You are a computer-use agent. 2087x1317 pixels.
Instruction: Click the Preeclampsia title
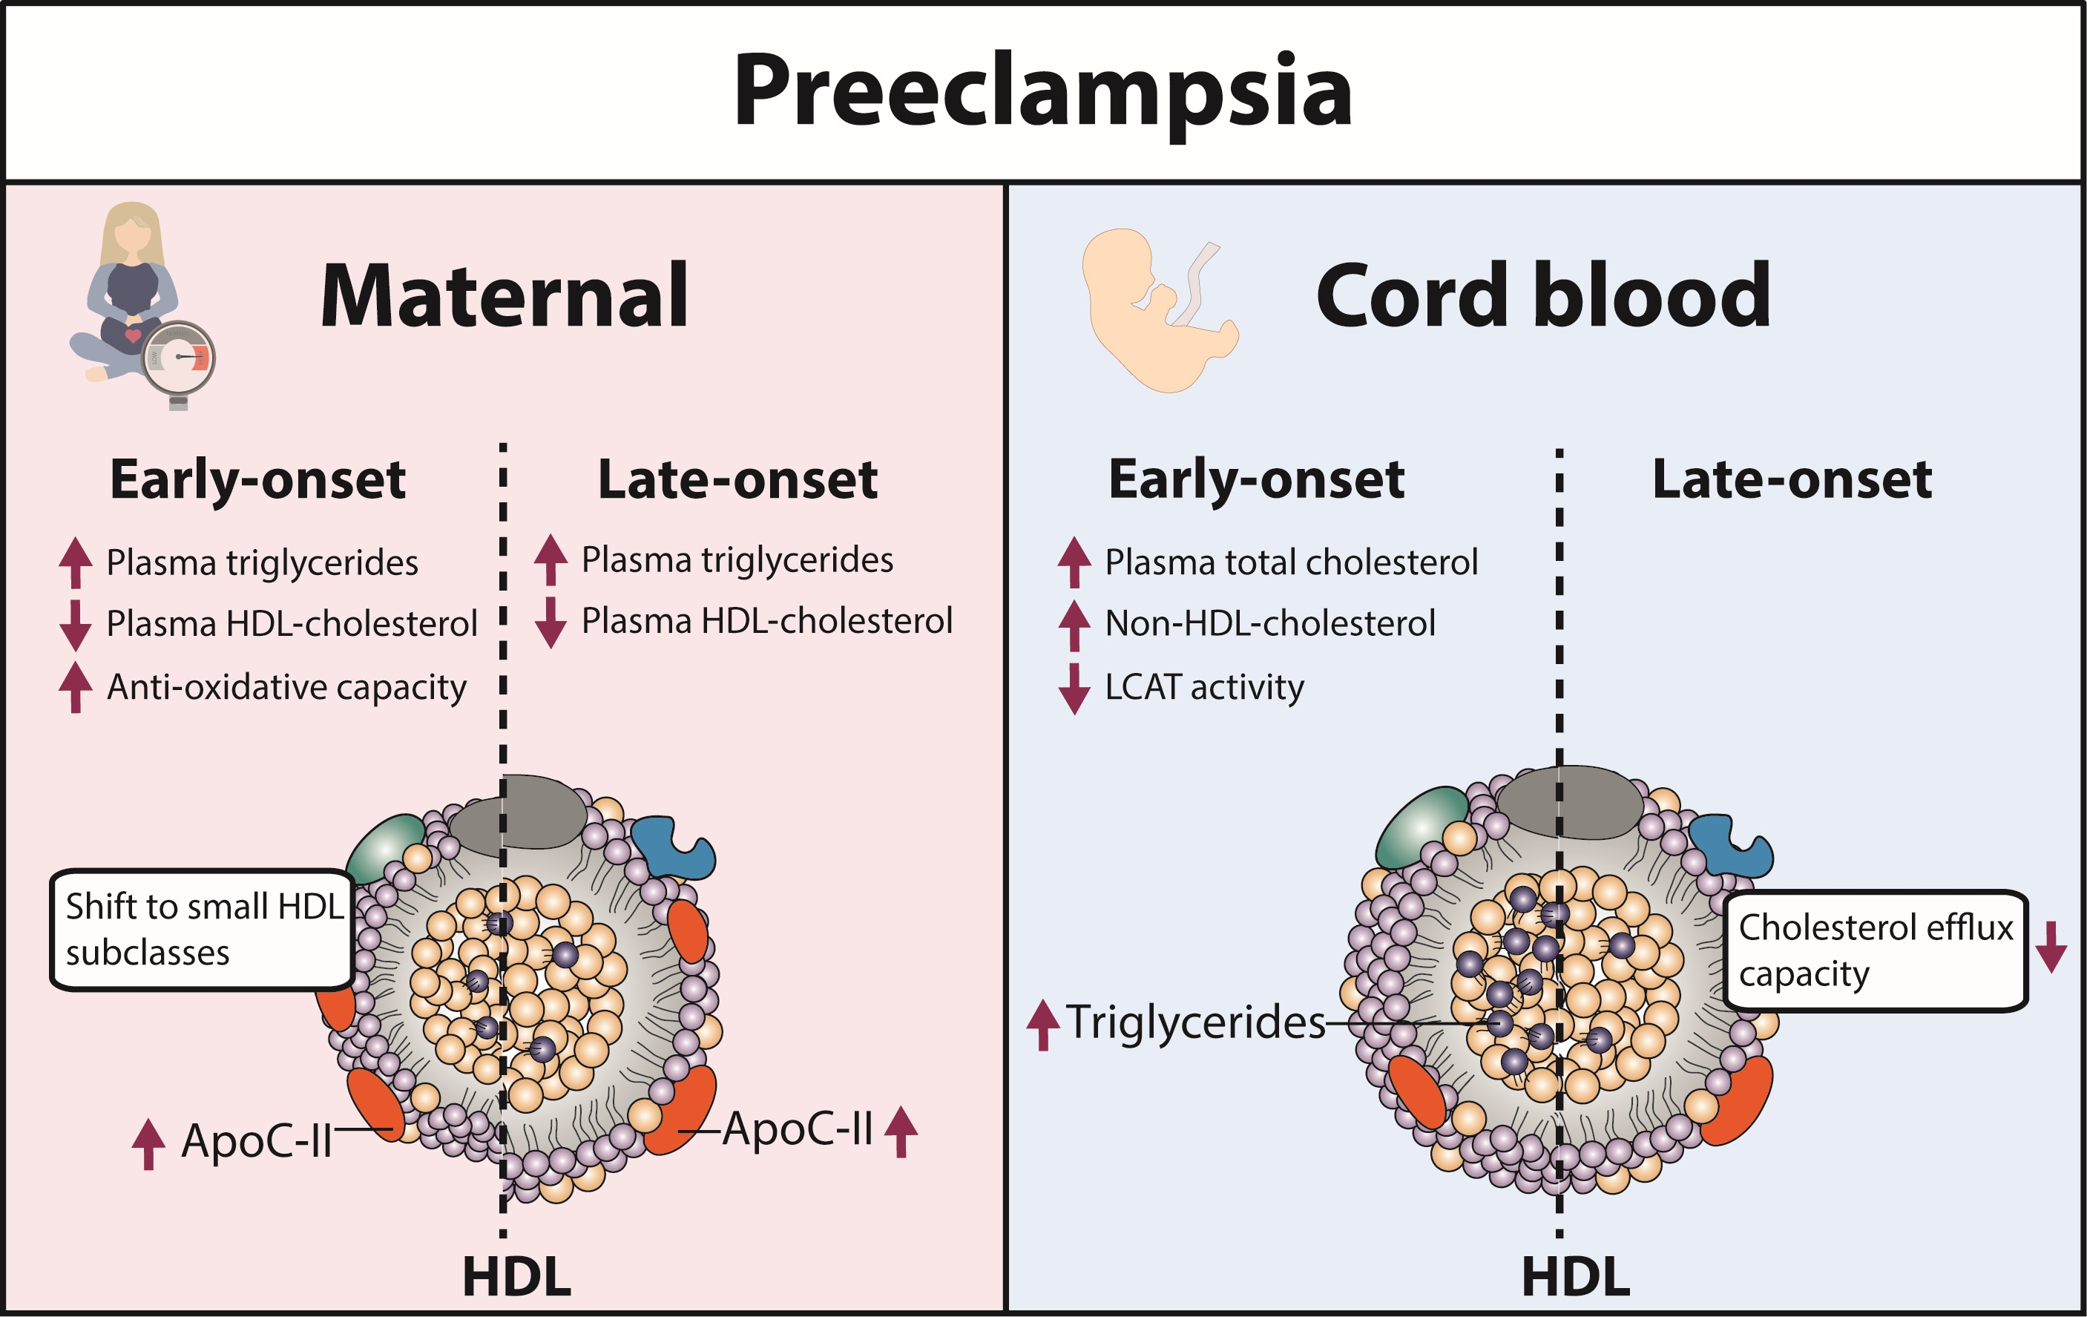(x=1042, y=91)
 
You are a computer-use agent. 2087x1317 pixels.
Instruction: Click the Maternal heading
(x=505, y=297)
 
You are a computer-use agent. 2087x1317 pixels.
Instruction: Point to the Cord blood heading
(x=1542, y=297)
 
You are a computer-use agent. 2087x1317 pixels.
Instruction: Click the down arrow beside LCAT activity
(x=1074, y=689)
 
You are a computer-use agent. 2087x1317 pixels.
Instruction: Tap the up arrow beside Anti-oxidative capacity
(x=76, y=686)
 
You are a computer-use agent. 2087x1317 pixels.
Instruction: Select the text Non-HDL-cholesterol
(x=1269, y=623)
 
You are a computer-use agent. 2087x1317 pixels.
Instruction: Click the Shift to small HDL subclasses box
(x=202, y=930)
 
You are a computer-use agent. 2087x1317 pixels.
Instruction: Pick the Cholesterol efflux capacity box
(x=1875, y=950)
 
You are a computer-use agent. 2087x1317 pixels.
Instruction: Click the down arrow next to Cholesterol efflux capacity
(x=2051, y=947)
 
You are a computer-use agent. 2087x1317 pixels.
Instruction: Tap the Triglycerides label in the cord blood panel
(x=1194, y=1022)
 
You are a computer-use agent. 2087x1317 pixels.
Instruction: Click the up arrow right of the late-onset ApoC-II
(x=901, y=1131)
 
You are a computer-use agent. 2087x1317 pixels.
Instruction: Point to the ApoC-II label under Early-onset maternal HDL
(x=257, y=1141)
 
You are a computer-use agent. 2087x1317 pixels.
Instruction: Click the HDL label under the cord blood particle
(x=1576, y=1277)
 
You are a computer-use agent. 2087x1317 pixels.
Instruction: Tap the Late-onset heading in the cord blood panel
(x=1792, y=479)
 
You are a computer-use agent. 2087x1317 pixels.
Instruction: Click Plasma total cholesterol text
(x=1290, y=562)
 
